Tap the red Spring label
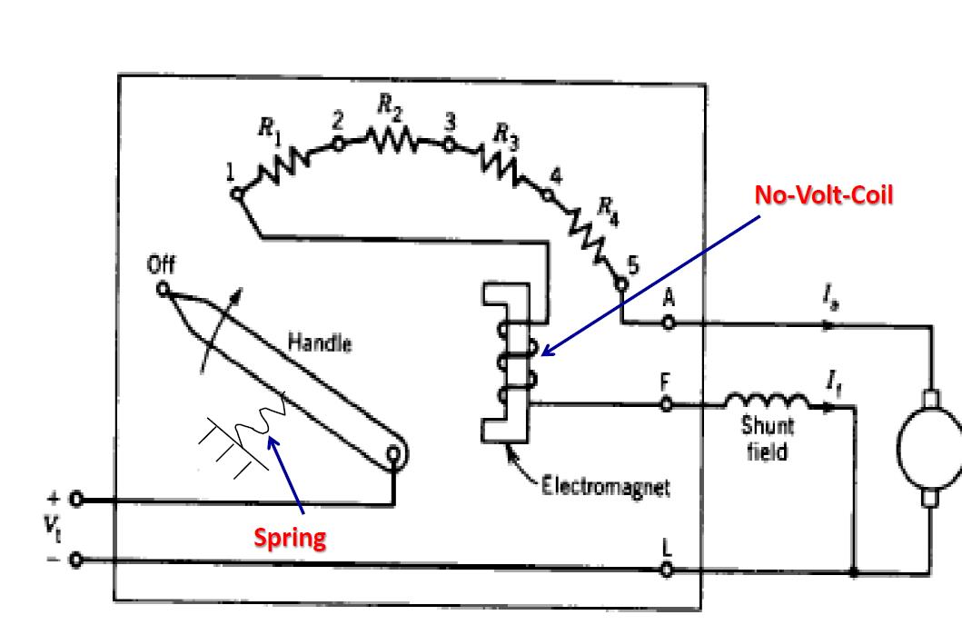(289, 539)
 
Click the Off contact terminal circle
(164, 290)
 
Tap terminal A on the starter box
(668, 322)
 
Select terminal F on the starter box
(668, 406)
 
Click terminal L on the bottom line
(668, 570)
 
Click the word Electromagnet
(605, 488)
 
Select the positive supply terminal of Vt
(76, 500)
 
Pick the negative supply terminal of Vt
(76, 560)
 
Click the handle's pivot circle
(392, 454)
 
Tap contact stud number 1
(236, 193)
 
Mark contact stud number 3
(447, 144)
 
